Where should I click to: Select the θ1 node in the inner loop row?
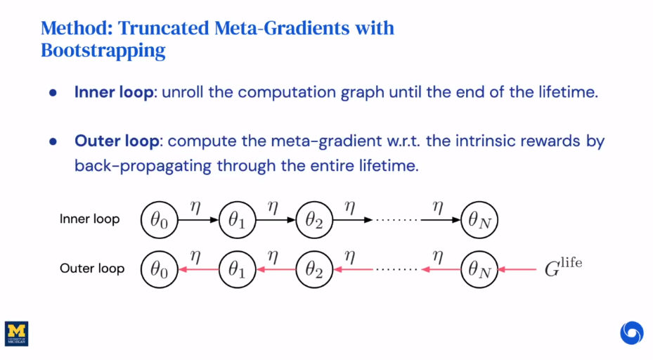click(236, 219)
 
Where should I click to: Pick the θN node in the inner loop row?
click(479, 219)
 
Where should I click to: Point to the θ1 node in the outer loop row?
click(236, 269)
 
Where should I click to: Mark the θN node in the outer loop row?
click(479, 269)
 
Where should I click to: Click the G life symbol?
click(563, 267)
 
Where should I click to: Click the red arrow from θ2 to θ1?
click(275, 269)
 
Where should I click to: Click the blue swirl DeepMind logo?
click(631, 332)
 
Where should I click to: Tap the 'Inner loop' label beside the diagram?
click(89, 219)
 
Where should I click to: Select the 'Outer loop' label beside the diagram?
click(92, 269)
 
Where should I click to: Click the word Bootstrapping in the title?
click(103, 51)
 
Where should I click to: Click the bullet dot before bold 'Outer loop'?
click(53, 141)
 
